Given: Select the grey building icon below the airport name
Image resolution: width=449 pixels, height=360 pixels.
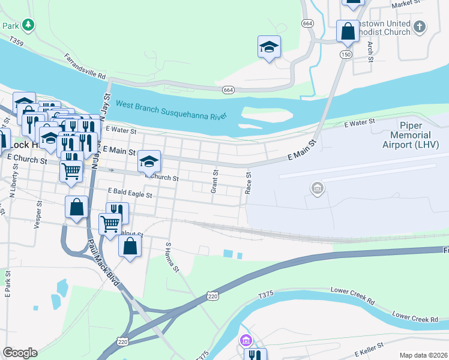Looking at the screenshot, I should (317, 190).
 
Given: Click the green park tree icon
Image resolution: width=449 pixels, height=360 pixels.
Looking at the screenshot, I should (28, 25).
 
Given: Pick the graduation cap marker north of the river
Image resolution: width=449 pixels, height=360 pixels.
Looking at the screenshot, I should (270, 47).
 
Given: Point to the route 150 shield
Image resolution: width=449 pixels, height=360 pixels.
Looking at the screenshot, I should (346, 55).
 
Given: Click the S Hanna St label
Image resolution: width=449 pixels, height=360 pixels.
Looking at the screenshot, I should (172, 256).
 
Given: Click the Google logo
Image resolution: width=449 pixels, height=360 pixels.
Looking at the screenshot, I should (20, 353).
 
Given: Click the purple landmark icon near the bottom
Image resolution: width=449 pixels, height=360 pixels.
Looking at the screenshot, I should (245, 341).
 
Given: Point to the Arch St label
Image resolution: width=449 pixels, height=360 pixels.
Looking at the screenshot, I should (370, 52).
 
